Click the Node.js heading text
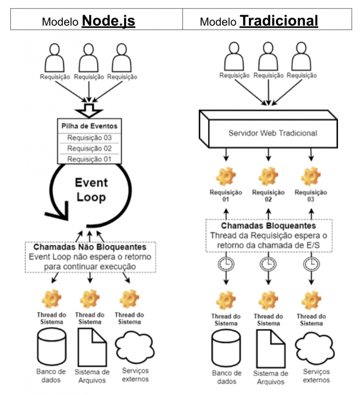pyautogui.click(x=109, y=21)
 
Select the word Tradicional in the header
pyautogui.click(x=279, y=21)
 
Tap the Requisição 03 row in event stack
pyautogui.click(x=89, y=138)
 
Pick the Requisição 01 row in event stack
pyautogui.click(x=89, y=159)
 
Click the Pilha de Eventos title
pyautogui.click(x=89, y=126)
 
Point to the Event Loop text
pyautogui.click(x=92, y=190)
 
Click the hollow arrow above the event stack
pyautogui.click(x=89, y=108)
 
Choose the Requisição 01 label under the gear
pyautogui.click(x=226, y=196)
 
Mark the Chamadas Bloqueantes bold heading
pyautogui.click(x=268, y=226)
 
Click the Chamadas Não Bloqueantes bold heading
pyautogui.click(x=90, y=247)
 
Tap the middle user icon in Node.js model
pyautogui.click(x=89, y=58)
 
